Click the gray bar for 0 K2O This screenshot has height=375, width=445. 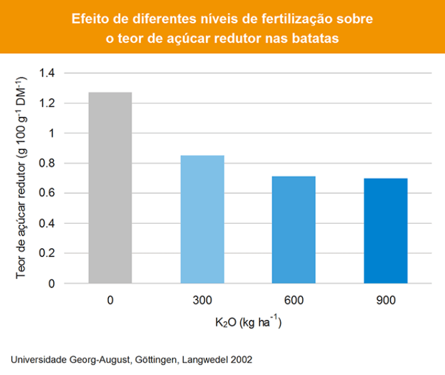pyautogui.click(x=110, y=187)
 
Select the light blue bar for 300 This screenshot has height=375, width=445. pyautogui.click(x=202, y=219)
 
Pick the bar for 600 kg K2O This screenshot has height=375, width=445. pyautogui.click(x=294, y=229)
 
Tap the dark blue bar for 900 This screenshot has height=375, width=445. pyautogui.click(x=386, y=231)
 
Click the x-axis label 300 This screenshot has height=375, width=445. pyautogui.click(x=202, y=301)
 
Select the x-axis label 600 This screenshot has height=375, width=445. pyautogui.click(x=294, y=301)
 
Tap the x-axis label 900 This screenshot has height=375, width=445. pyautogui.click(x=386, y=301)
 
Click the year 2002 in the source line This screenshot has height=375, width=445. pyautogui.click(x=242, y=360)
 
